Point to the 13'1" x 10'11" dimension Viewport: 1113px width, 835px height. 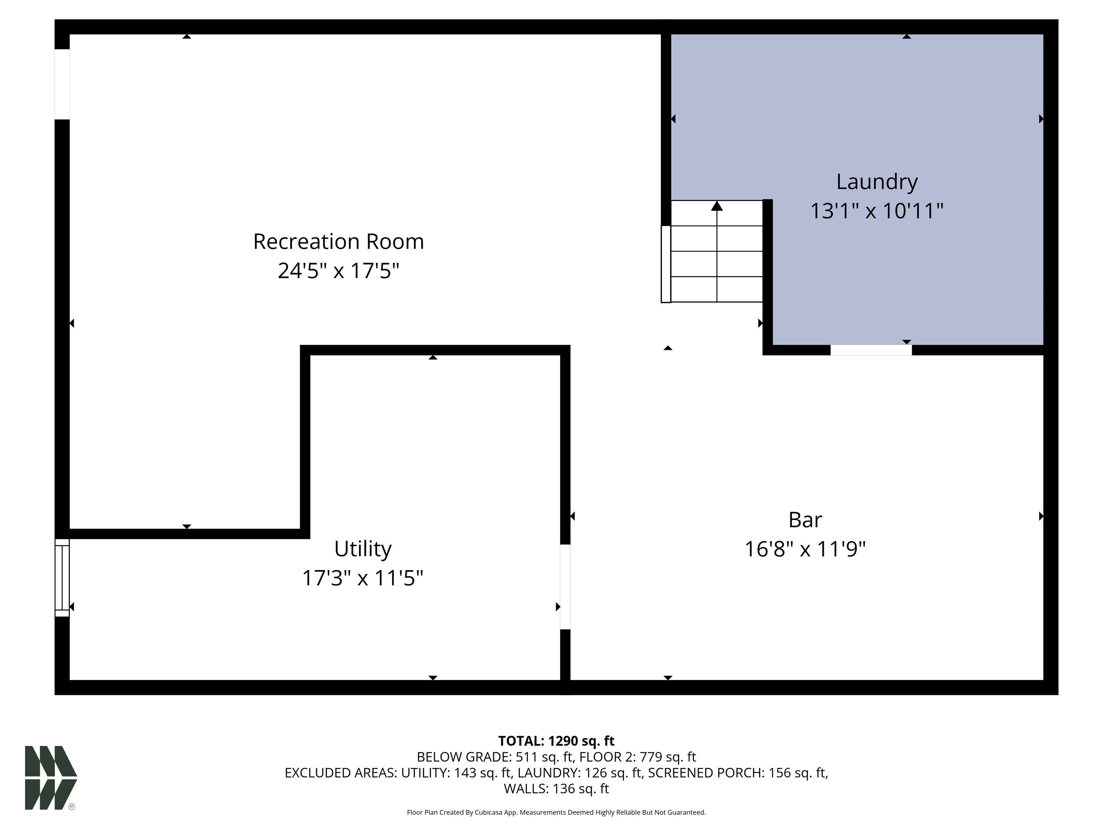click(876, 211)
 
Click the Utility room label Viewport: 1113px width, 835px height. click(363, 549)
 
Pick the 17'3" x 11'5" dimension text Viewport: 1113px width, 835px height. click(362, 578)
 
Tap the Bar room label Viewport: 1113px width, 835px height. click(805, 520)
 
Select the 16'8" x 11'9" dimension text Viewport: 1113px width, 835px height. click(805, 549)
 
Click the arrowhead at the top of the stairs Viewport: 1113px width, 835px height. click(717, 206)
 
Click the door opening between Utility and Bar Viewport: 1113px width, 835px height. click(566, 587)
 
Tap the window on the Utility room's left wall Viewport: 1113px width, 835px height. click(62, 578)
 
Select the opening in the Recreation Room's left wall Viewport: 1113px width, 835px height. click(62, 84)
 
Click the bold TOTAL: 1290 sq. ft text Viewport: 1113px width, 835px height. click(556, 741)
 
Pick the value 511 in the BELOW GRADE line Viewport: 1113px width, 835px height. click(526, 757)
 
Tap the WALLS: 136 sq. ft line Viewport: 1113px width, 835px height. click(556, 789)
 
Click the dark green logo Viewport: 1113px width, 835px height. click(51, 778)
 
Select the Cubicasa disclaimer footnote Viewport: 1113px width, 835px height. click(556, 813)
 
